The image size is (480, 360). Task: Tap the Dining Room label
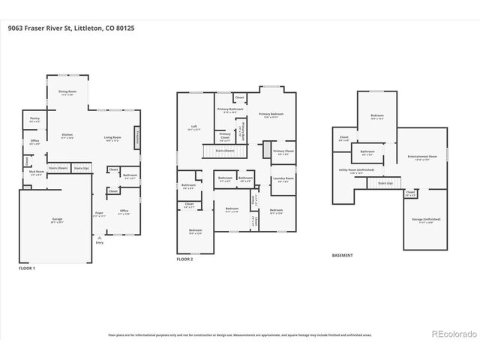coord(67,93)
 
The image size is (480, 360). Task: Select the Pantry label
coord(34,118)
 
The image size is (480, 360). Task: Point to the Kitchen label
coord(67,136)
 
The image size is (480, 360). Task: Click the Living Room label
coord(113,138)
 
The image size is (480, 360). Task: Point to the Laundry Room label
coord(283,179)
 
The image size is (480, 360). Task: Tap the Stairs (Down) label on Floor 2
coord(224,151)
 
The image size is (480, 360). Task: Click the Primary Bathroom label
coord(230,110)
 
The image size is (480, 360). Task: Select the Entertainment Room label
coord(421,157)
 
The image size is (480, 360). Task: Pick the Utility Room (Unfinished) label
coord(357,171)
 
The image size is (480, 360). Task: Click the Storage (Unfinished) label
coord(425,220)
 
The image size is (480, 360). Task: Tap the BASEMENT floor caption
coord(343,256)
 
